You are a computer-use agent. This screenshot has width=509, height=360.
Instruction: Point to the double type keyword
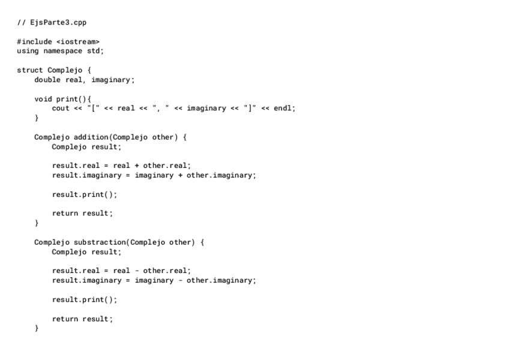coord(47,80)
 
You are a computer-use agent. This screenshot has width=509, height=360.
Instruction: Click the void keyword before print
coord(43,98)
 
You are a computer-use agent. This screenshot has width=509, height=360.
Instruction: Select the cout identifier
coord(61,108)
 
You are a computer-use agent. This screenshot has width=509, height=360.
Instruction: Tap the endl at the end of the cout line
coord(283,108)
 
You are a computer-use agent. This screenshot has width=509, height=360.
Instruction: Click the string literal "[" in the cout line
coord(93,108)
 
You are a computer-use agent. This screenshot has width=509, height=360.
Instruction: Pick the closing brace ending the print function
coord(37,118)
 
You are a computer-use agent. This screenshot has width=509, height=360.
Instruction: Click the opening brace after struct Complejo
coord(89,70)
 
